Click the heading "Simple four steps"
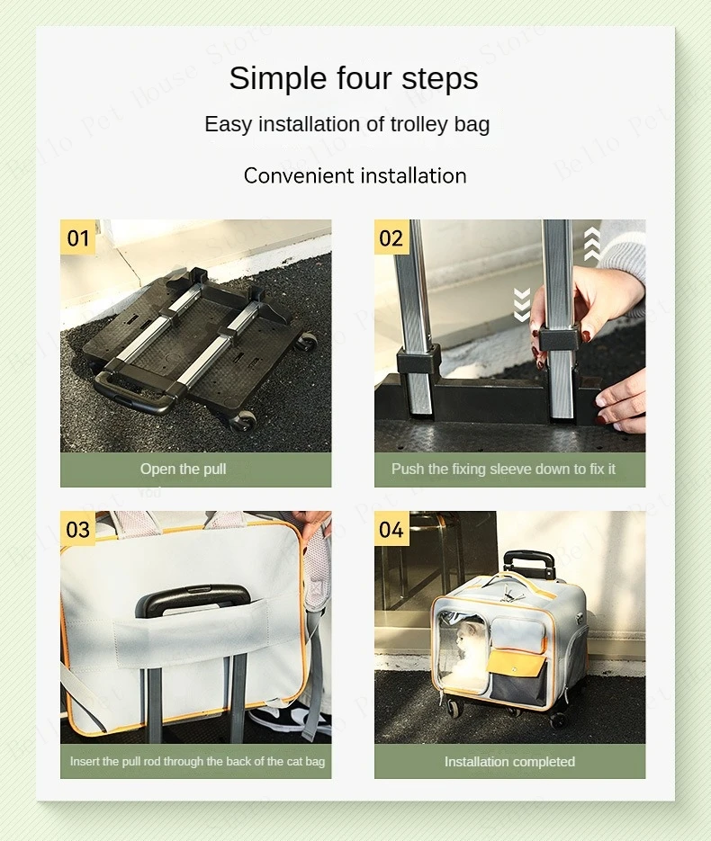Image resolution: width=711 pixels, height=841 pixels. [x=354, y=78]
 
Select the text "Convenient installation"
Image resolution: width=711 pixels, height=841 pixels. [x=355, y=176]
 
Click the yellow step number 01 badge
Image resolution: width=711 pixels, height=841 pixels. [x=77, y=237]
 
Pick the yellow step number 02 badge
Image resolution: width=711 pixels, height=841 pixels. [x=391, y=237]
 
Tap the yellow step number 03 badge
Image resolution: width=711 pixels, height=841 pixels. [x=77, y=530]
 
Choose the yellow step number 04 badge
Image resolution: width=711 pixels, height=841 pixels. [x=391, y=530]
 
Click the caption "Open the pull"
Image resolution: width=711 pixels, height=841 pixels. [x=183, y=470]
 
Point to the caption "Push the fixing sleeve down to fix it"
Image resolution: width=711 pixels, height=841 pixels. [x=503, y=470]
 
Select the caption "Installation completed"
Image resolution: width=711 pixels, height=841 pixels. [x=509, y=762]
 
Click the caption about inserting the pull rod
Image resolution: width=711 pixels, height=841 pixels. [x=197, y=762]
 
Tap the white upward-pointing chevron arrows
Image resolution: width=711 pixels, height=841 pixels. [x=592, y=244]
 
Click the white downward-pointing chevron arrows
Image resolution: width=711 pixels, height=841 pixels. [x=522, y=305]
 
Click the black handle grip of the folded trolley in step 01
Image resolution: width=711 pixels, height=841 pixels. [x=134, y=392]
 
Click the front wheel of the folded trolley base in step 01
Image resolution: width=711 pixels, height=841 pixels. [x=243, y=422]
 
